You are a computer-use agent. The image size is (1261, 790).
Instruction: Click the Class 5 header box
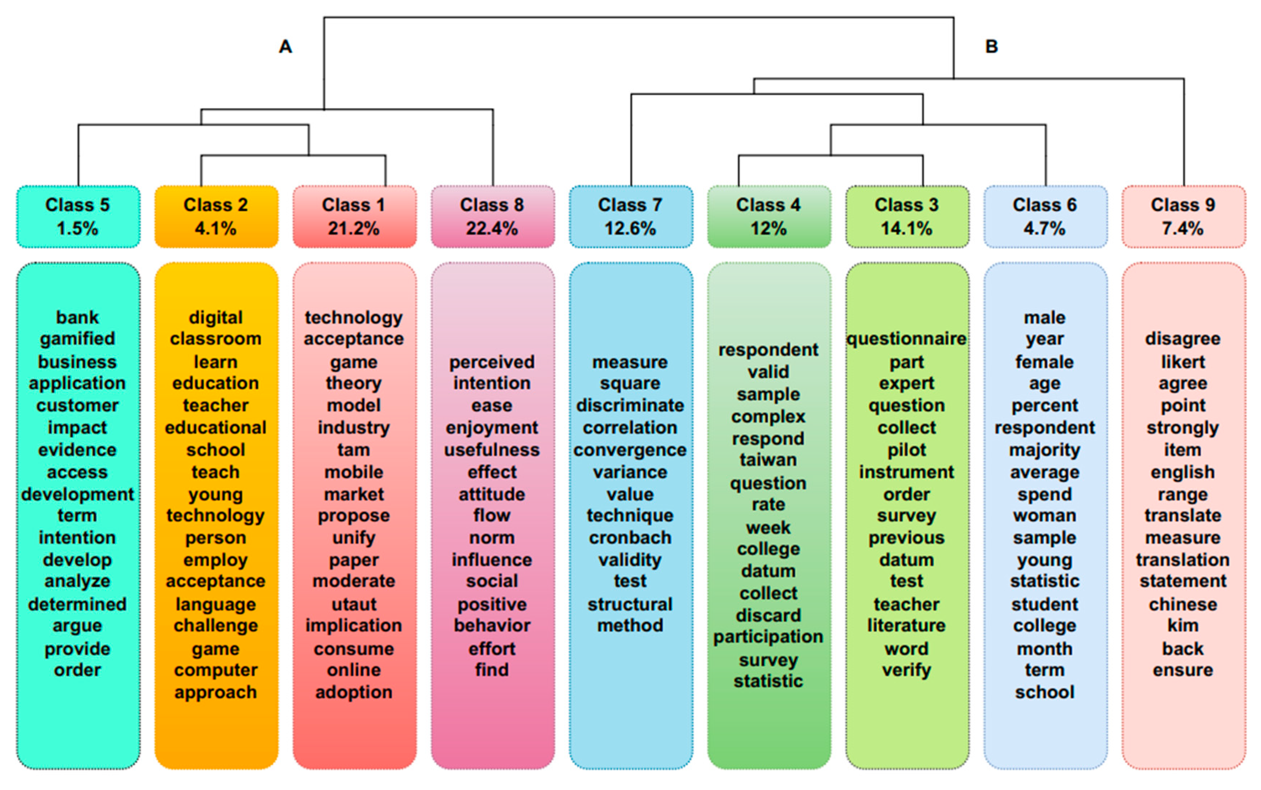point(78,216)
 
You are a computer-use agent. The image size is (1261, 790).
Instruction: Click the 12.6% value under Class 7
point(630,228)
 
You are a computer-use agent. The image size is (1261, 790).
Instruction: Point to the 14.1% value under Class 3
point(906,228)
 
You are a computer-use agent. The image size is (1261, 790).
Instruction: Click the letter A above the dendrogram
point(285,47)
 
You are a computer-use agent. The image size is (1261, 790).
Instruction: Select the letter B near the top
point(991,47)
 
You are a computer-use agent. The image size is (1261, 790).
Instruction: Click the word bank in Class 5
point(77,317)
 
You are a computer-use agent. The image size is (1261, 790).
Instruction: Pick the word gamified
point(77,339)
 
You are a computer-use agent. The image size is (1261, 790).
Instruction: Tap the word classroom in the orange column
point(215,339)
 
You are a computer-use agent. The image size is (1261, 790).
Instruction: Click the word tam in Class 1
point(354,450)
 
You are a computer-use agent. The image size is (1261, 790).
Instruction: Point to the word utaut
point(354,604)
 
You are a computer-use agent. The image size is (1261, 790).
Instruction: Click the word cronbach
point(630,538)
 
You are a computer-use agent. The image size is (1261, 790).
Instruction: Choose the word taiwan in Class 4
point(768,460)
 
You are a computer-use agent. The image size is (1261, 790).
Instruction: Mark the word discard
point(768,615)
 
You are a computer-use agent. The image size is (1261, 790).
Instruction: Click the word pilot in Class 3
point(906,450)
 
